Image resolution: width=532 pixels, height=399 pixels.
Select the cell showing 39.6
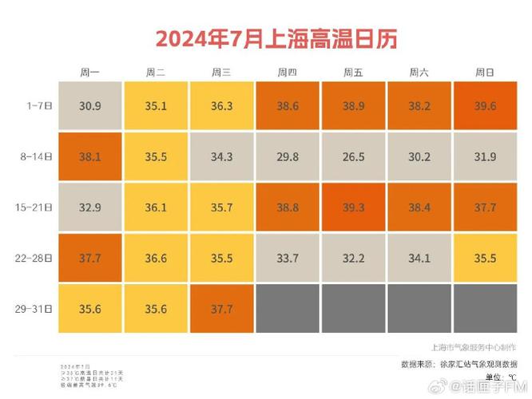tap(485, 105)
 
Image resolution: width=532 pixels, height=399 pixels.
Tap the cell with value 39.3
tap(353, 207)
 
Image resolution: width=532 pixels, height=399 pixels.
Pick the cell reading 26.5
tap(353, 156)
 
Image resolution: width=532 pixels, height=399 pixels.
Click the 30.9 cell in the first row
tap(89, 105)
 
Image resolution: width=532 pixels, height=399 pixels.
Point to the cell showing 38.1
tap(89, 156)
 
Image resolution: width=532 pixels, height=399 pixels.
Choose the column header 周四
tap(288, 73)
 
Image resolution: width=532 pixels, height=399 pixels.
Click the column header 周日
tap(485, 73)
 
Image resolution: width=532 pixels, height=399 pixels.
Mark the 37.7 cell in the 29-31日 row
tap(221, 308)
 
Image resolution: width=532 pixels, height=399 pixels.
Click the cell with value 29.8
tap(288, 156)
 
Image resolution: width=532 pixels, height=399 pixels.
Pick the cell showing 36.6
tap(156, 258)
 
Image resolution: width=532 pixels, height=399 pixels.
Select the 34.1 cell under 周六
tap(419, 258)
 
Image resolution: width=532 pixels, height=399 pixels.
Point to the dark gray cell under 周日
tap(485, 308)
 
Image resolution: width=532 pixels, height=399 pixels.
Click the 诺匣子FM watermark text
tap(490, 388)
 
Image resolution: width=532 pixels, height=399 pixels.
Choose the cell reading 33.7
tap(288, 258)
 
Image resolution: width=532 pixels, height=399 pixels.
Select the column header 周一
tap(89, 73)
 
